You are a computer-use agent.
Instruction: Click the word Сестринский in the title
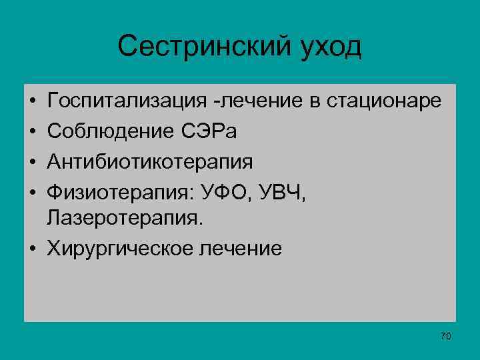pos(201,47)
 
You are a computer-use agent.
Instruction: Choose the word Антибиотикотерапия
pos(150,161)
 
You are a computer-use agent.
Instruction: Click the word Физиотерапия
pos(117,190)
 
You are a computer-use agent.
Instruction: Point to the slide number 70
pos(446,336)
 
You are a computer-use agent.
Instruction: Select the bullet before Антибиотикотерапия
pos(32,161)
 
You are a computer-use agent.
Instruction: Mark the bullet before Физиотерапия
pos(32,191)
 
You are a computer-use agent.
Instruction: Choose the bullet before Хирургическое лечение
pos(32,249)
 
